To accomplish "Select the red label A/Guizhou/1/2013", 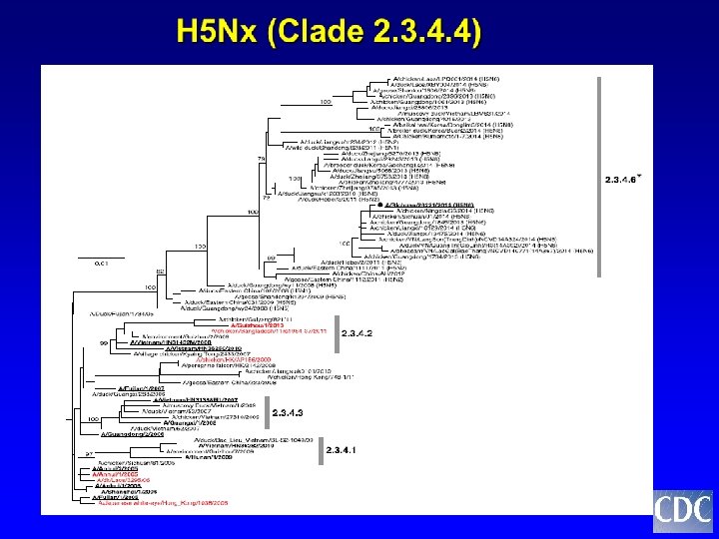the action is [258, 325].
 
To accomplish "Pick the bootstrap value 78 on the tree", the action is [262, 159].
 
